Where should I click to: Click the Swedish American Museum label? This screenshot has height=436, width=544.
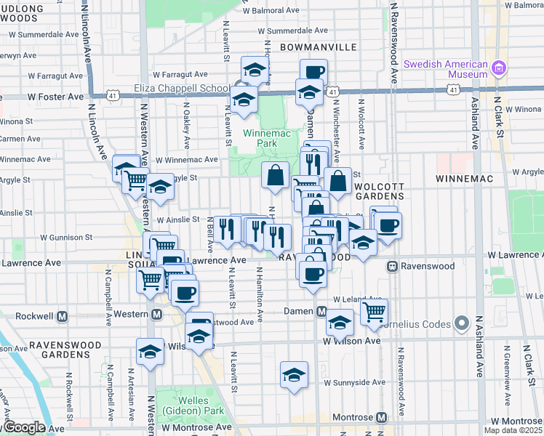tap(447, 68)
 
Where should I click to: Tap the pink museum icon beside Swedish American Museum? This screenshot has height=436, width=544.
tap(498, 69)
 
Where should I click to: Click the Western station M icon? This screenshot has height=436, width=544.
tap(156, 315)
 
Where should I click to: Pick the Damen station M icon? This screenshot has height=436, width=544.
tap(321, 311)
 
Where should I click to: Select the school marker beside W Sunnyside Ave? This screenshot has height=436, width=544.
tap(294, 375)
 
